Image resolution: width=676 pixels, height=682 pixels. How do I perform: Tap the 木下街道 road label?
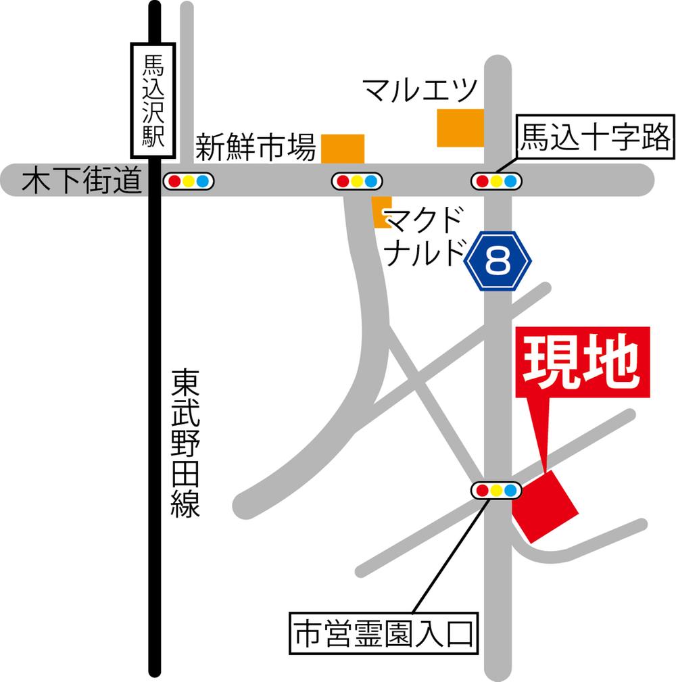pos(80,182)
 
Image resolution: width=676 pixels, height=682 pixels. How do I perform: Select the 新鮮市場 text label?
pos(256,147)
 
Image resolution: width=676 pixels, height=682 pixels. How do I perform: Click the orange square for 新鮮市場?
pos(343,149)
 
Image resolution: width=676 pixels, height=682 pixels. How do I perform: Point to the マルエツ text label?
pos(420,89)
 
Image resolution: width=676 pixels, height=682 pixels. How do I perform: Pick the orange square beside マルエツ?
pos(460,128)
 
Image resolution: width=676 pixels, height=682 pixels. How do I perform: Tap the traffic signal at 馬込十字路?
pos(497,181)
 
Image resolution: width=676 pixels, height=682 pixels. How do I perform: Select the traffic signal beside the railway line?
pos(189,181)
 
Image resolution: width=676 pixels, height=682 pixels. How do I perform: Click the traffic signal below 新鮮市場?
pos(356,181)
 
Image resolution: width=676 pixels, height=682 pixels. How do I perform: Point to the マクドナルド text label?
pos(425,236)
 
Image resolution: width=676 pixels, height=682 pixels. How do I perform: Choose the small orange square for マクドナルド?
pos(382,212)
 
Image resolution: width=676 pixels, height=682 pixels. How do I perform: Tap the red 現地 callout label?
pos(582,362)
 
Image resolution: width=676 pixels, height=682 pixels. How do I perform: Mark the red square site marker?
pos(544,505)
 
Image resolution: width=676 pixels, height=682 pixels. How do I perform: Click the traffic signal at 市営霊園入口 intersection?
pos(496,490)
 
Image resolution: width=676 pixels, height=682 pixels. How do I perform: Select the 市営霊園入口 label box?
pos(383,633)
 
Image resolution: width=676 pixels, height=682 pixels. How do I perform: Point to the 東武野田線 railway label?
pos(185,443)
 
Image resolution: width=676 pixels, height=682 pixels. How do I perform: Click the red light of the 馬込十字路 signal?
pos(483,181)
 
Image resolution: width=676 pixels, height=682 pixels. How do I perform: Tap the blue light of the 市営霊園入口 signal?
pos(510,490)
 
